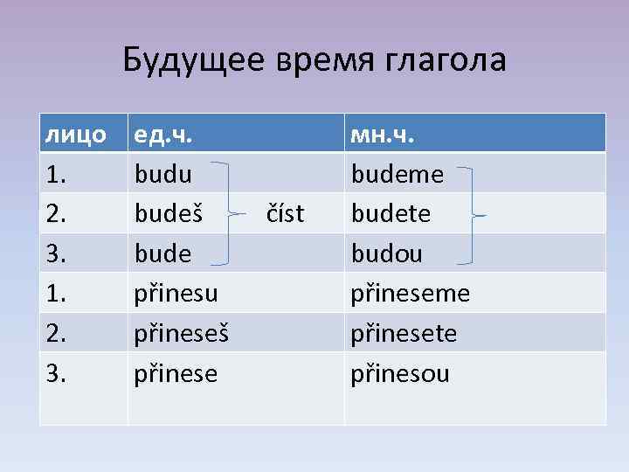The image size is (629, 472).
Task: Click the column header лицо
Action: (x=76, y=135)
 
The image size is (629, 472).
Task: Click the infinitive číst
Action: (x=285, y=213)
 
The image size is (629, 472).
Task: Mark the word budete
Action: (x=392, y=213)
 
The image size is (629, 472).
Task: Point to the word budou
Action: (x=386, y=253)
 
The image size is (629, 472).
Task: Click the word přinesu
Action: (x=176, y=294)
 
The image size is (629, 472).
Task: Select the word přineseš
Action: (x=182, y=334)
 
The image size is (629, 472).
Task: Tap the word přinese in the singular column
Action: (x=176, y=374)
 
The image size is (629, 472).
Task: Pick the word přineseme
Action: (x=410, y=294)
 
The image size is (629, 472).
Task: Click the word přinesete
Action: (x=404, y=334)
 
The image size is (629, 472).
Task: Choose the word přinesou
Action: (x=400, y=374)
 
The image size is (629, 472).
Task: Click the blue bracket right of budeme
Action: (x=472, y=214)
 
